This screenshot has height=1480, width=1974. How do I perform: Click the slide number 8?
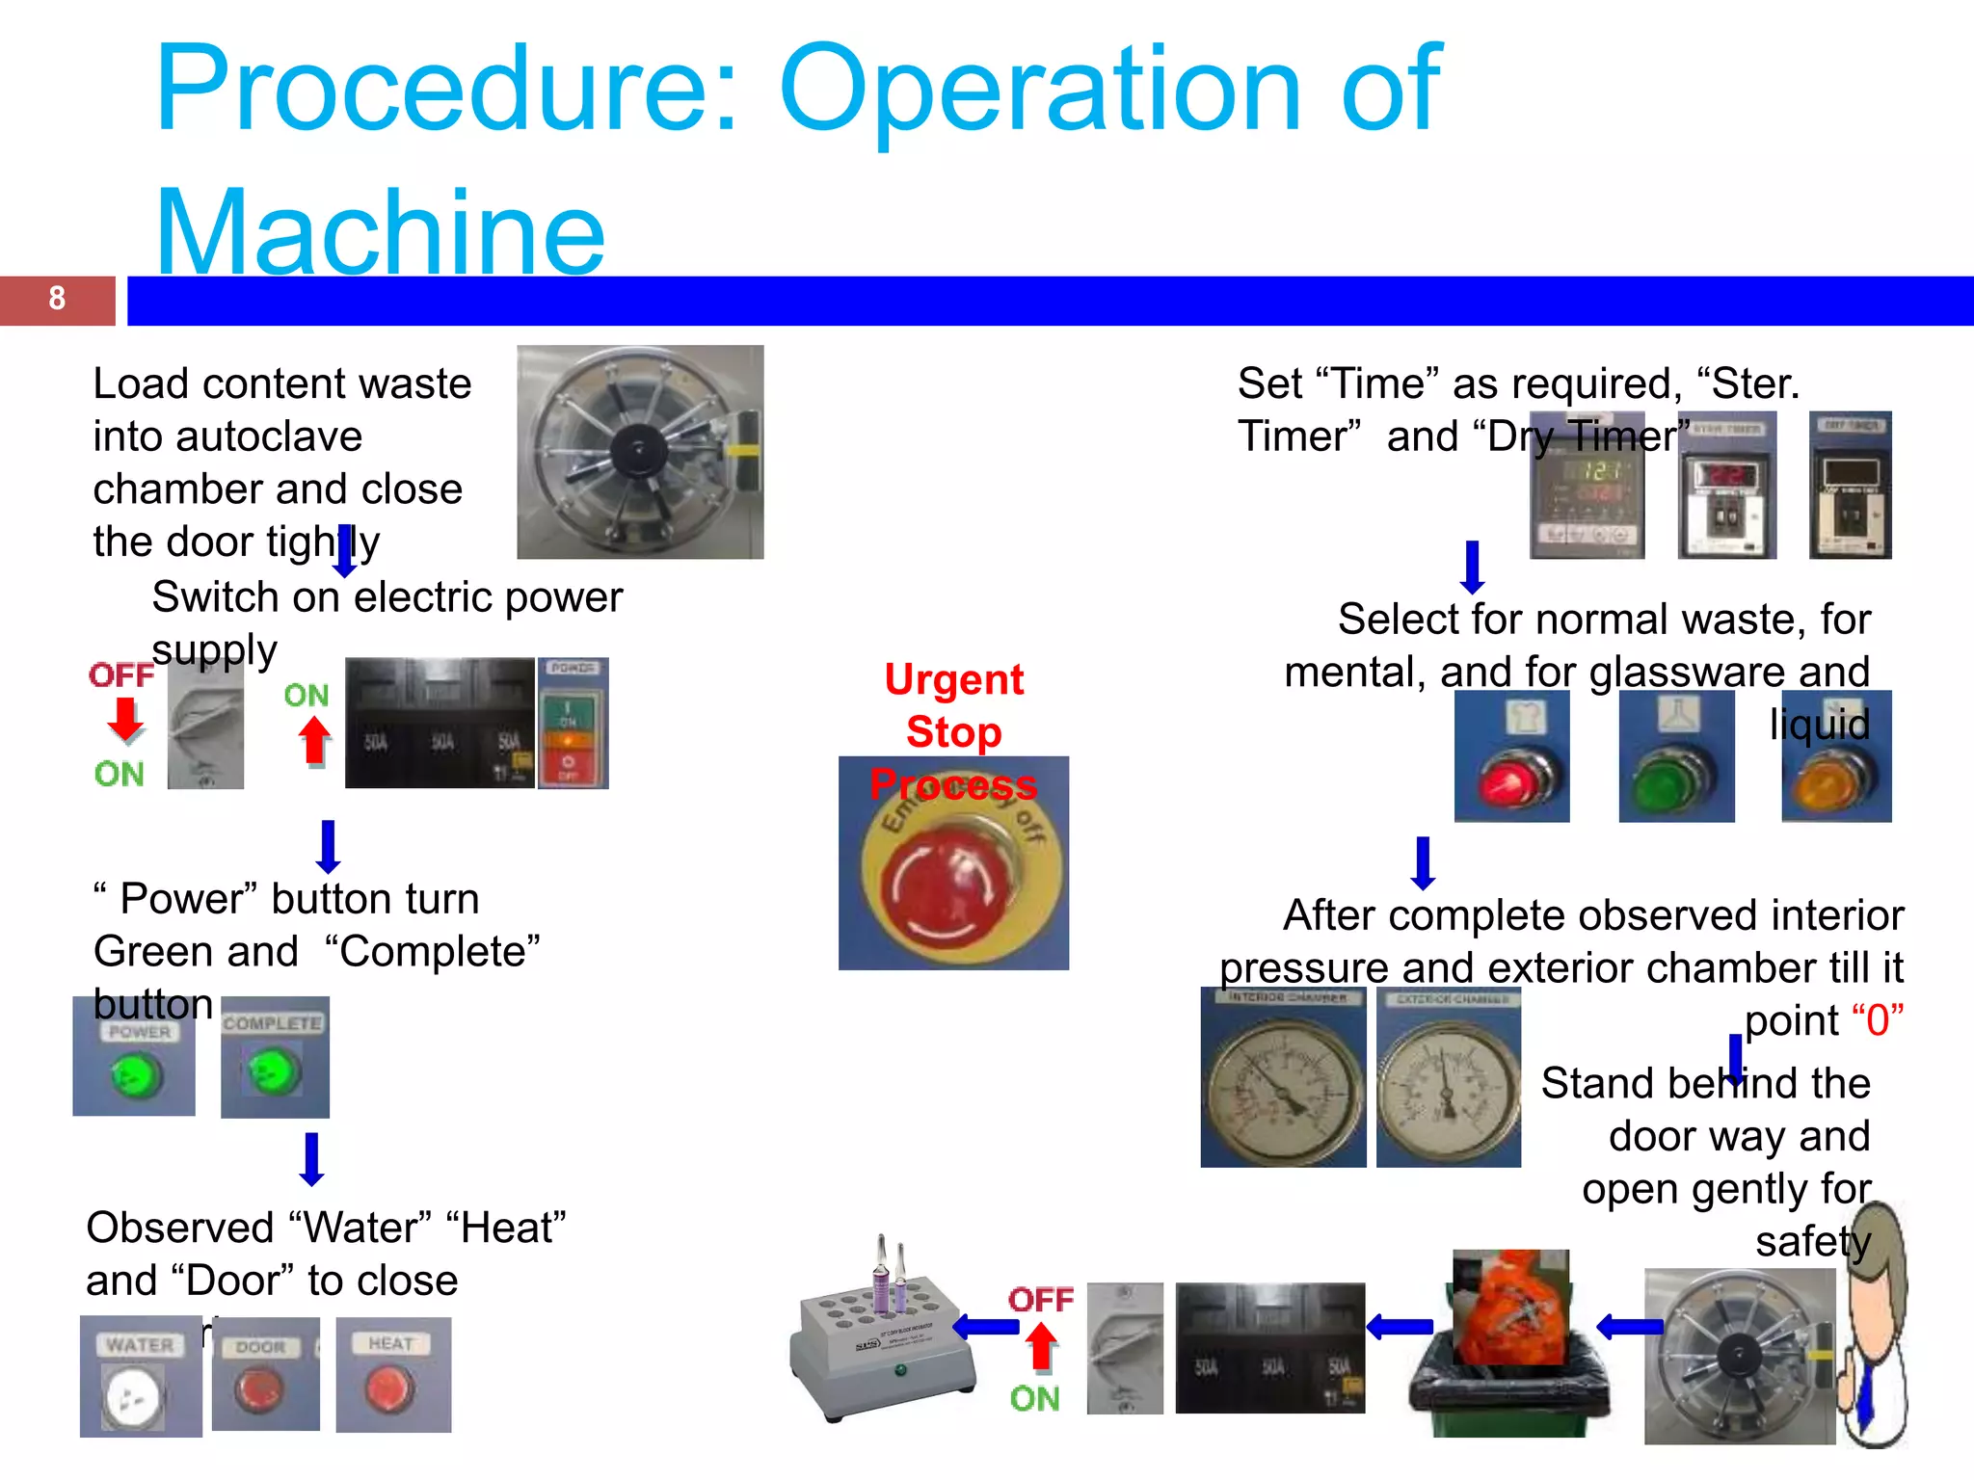click(x=57, y=299)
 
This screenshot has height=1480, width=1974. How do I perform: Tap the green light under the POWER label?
click(x=135, y=1074)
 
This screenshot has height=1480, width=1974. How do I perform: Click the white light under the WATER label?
click(x=135, y=1395)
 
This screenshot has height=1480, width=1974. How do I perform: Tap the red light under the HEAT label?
click(x=388, y=1387)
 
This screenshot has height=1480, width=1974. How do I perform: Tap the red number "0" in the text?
click(x=1877, y=1020)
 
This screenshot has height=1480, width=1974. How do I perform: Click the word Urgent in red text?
click(x=953, y=679)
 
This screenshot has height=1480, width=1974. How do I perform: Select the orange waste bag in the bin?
click(x=1510, y=1311)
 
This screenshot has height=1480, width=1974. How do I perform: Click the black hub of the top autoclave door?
click(x=637, y=449)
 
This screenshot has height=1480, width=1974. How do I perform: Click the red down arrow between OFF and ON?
click(x=125, y=719)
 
